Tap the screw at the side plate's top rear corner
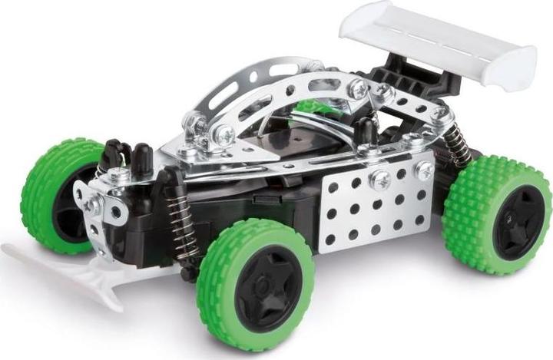tap(423, 170)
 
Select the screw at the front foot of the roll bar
tap(224, 135)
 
